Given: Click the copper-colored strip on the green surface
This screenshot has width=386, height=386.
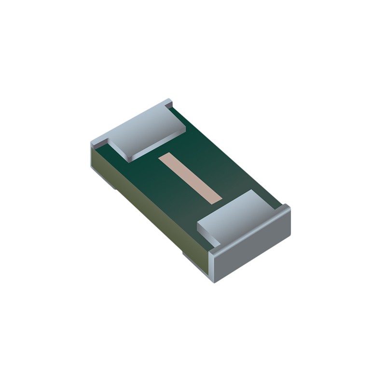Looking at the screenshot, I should tap(190, 178).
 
